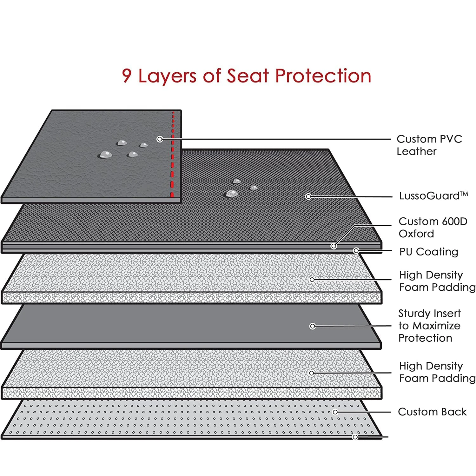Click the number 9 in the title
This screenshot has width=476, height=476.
click(x=127, y=76)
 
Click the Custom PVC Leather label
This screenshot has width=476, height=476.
click(x=429, y=145)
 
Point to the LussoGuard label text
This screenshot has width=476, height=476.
click(x=429, y=196)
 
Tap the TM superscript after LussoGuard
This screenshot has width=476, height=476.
click(x=464, y=193)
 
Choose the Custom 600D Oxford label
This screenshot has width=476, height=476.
click(x=433, y=227)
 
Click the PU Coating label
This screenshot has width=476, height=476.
click(x=429, y=252)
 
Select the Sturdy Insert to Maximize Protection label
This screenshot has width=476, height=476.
click(x=429, y=326)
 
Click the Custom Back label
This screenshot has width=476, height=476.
click(x=432, y=412)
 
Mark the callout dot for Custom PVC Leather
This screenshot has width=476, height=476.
click(x=160, y=139)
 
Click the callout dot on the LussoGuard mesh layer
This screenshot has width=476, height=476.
click(x=308, y=196)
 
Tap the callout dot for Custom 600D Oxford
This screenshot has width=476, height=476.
click(x=334, y=246)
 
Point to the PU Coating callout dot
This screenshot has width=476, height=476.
click(x=356, y=251)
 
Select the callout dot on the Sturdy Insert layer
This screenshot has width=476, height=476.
click(x=313, y=326)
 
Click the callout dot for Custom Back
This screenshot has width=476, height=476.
click(x=335, y=412)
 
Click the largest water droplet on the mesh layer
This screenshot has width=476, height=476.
click(x=232, y=193)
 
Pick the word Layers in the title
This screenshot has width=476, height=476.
click(x=167, y=76)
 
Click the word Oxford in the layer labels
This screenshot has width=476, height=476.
click(x=416, y=234)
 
